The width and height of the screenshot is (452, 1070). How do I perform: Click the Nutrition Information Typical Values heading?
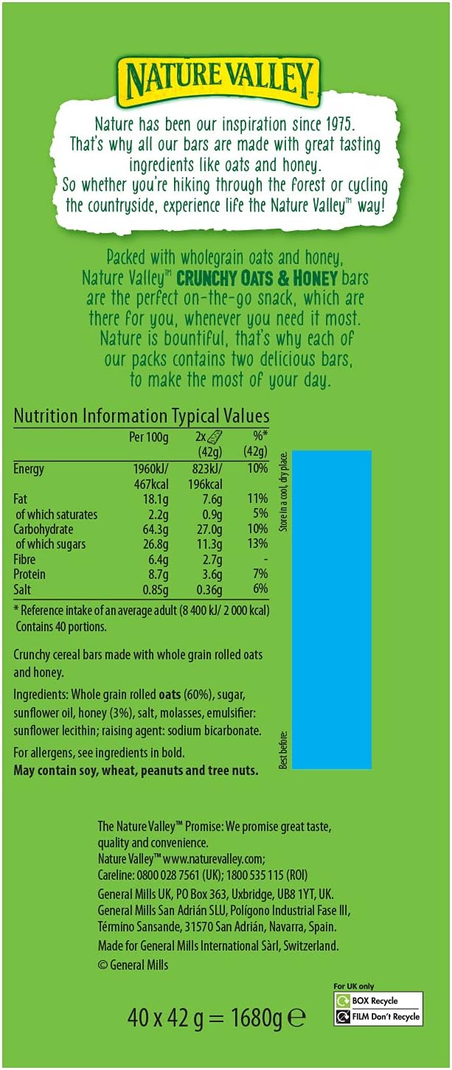tap(142, 416)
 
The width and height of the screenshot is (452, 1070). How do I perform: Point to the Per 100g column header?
tap(149, 437)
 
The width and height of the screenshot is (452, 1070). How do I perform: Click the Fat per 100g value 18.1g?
tap(155, 499)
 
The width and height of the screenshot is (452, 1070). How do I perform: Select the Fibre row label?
tap(26, 559)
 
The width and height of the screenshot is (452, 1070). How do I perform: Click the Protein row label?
tap(29, 574)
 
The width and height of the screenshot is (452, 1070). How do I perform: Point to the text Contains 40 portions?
tap(63, 626)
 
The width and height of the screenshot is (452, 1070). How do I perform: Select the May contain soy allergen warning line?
tap(136, 771)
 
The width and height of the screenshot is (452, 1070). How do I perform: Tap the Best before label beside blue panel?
tap(283, 748)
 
